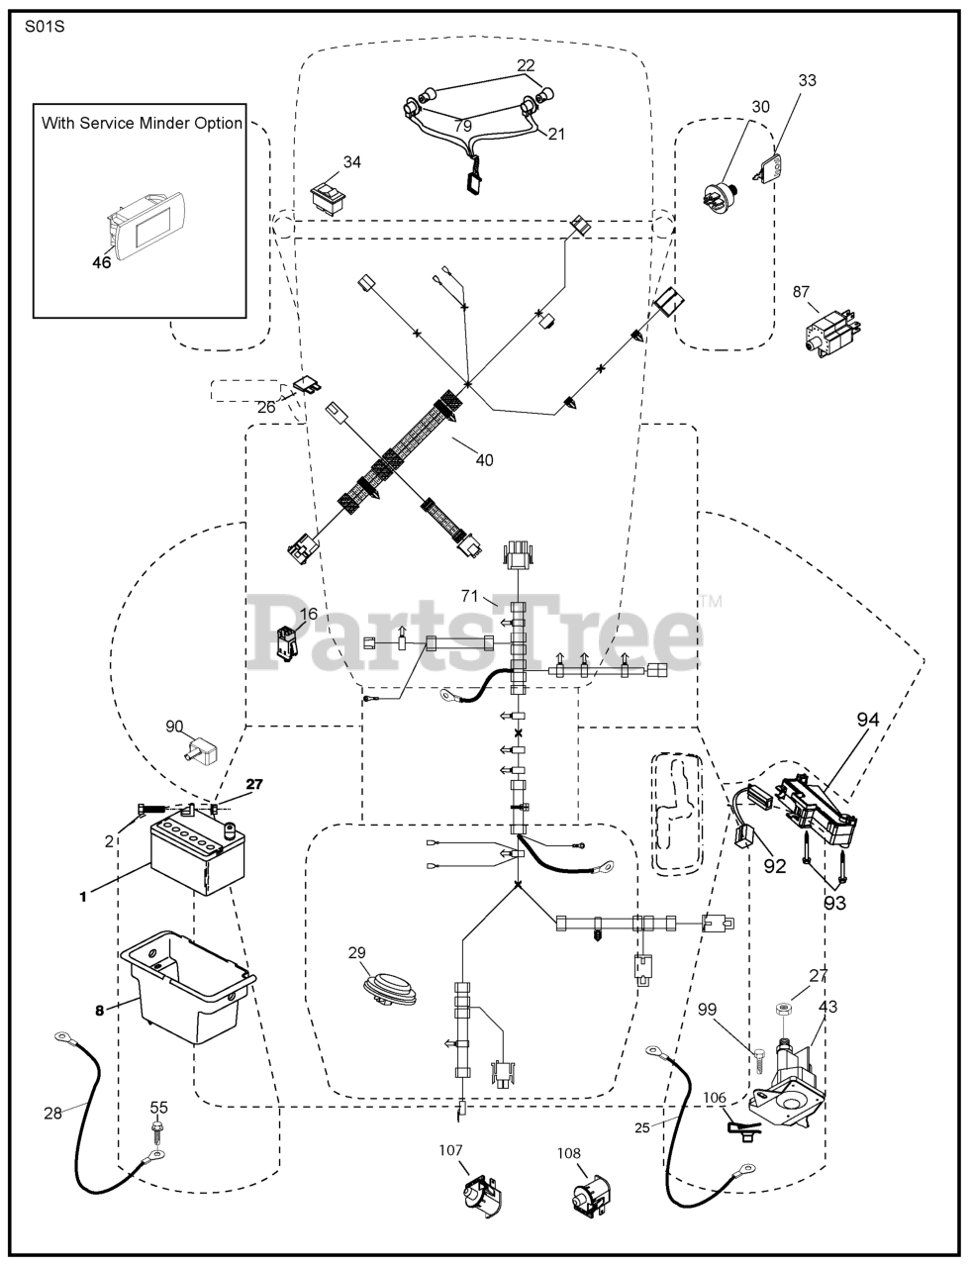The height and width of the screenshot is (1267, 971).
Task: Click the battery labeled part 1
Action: point(197,855)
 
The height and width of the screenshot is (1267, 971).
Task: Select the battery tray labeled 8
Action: point(188,991)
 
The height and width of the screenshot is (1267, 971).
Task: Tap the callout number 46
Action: point(101,262)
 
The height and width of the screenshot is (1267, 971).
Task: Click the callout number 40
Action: point(483,459)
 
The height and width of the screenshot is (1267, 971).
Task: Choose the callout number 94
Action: point(867,721)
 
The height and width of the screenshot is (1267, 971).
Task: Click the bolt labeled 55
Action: point(157,1130)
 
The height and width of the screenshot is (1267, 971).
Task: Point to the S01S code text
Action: point(46,26)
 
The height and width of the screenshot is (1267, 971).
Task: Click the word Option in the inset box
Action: point(218,124)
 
